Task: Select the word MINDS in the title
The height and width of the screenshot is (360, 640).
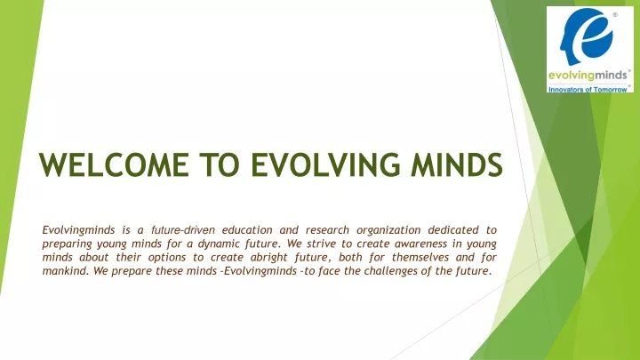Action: point(457,165)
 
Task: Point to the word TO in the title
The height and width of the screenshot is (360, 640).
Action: point(220,165)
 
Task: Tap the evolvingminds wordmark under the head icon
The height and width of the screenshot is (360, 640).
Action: point(588,76)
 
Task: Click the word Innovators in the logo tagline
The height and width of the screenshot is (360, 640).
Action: point(564,90)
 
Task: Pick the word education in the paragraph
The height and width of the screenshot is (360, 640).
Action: point(247,230)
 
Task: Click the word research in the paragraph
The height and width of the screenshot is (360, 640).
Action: point(327,230)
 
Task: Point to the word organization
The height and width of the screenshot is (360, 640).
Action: point(388,231)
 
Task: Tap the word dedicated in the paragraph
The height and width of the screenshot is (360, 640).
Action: point(453,230)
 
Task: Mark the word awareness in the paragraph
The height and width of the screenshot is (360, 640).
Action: point(420,244)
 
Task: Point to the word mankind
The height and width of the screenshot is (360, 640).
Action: point(65,270)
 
